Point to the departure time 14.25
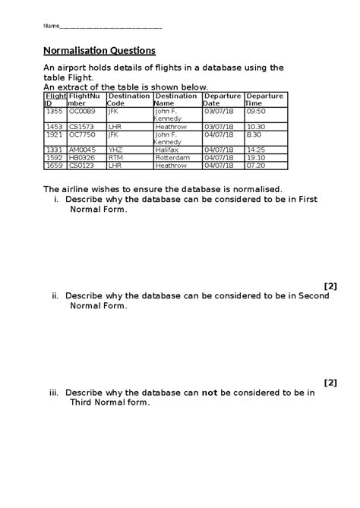tap(257, 150)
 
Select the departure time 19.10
tap(257, 157)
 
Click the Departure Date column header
tap(221, 99)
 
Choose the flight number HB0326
tap(82, 157)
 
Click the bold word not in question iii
tap(210, 393)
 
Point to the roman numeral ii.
tap(55, 296)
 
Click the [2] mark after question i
tap(330, 286)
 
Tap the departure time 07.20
tap(257, 165)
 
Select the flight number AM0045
tap(83, 150)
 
